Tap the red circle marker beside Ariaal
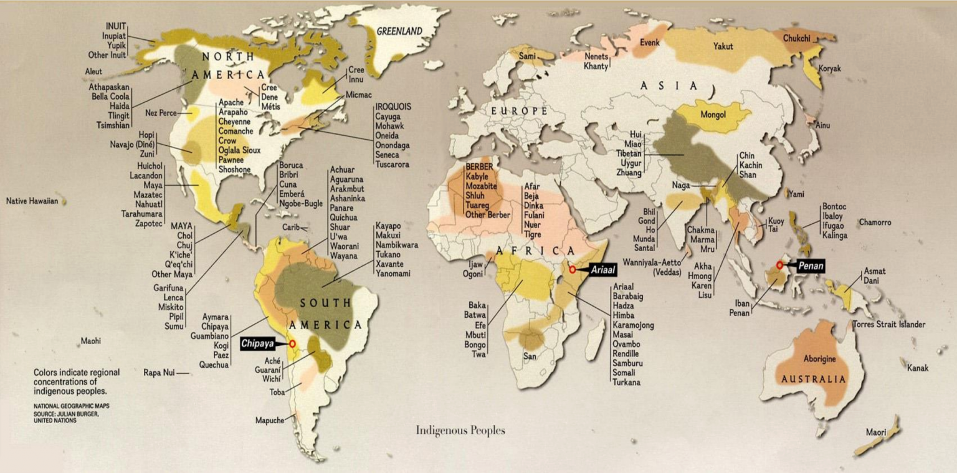coord(572,270)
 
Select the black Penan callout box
coord(811,266)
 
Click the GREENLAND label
coord(399,31)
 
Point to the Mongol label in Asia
coord(713,115)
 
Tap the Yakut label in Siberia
coord(723,47)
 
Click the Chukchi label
coord(796,39)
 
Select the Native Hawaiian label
coord(32,201)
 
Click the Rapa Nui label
coord(157,373)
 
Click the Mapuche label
coord(270,421)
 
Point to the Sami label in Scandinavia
coord(526,57)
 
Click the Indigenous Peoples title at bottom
coord(460,431)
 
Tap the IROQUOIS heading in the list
coord(393,107)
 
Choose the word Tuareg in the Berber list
coord(480,205)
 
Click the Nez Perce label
coord(160,113)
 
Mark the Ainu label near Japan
coord(823,126)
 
